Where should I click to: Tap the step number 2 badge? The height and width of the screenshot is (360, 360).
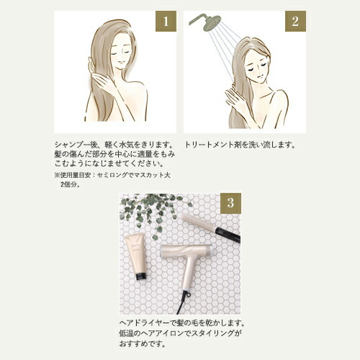(294, 22)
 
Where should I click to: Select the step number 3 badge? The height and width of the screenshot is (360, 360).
(229, 203)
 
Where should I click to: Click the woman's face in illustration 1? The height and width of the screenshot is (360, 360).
(120, 54)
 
